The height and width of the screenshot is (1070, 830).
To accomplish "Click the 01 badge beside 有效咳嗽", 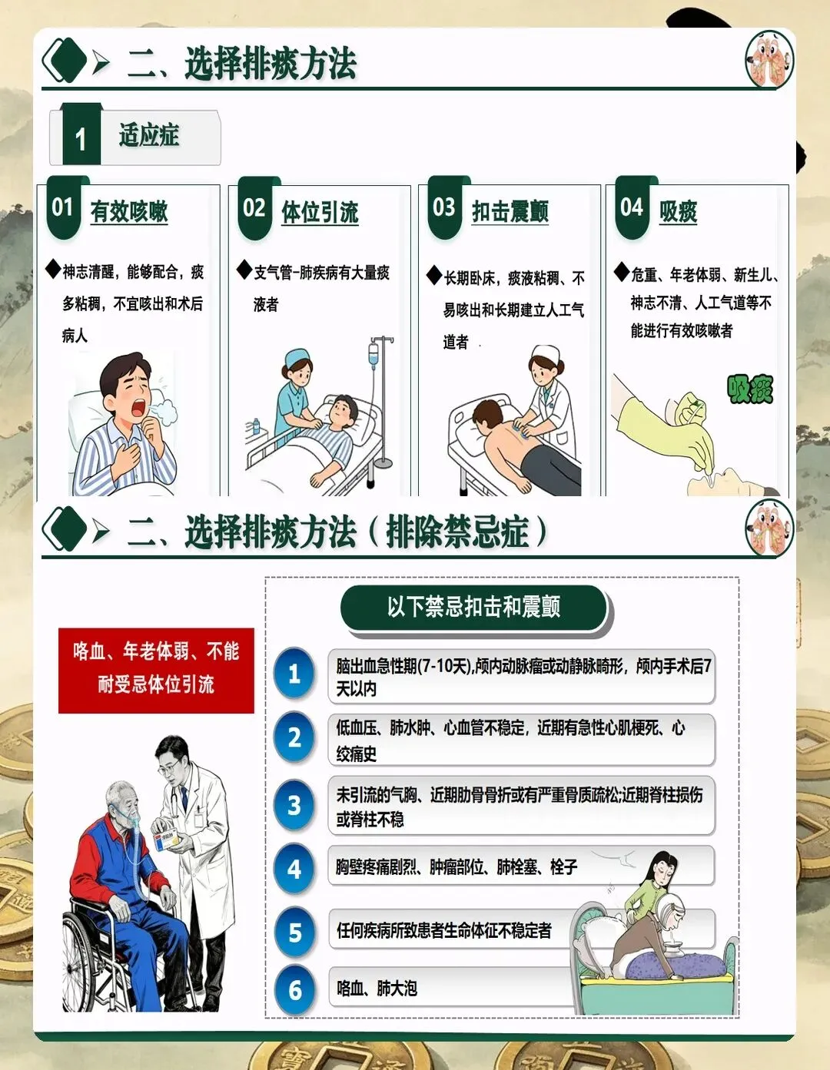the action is coord(63,208).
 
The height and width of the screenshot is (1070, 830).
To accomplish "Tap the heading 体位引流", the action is coord(320,213).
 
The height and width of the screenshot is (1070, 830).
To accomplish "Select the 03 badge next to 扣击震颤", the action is coord(445,208).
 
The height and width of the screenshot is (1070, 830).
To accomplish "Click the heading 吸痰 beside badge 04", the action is coord(678,212).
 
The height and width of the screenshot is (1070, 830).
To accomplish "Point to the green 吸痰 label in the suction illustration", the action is coord(750,389).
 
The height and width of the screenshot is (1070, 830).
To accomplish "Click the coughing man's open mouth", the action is coord(139,408).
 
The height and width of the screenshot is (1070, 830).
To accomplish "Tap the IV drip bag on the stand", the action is coord(373,355).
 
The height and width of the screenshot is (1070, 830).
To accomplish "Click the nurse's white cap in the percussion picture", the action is coord(546,353).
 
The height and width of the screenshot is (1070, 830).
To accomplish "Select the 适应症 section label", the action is coord(149,135).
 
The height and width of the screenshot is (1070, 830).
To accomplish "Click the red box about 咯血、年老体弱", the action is coord(156,670).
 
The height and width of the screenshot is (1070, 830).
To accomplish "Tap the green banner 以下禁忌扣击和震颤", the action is coord(474,607).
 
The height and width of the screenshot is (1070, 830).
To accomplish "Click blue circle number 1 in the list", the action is coord(294,673).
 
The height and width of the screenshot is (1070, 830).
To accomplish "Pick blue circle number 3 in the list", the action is coord(294,805).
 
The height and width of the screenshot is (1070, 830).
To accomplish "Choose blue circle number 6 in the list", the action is coord(294,990).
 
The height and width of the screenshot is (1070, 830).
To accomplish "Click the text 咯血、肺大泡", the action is coord(377,989).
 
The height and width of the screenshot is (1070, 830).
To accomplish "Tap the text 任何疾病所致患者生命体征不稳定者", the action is coord(443,930).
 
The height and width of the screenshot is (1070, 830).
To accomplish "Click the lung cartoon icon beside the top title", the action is coord(769,59).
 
